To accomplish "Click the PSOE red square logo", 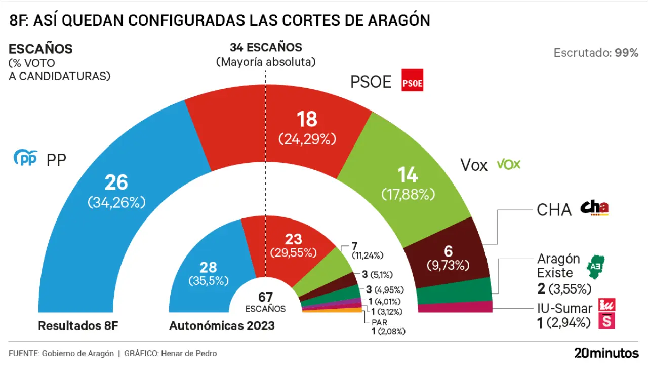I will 412,80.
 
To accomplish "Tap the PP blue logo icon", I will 25,159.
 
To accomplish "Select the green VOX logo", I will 508,164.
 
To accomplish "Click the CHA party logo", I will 594,208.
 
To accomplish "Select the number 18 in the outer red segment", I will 307,119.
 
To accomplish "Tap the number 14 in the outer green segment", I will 408,175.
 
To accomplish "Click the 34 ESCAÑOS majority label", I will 266,48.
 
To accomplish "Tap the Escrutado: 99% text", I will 596,53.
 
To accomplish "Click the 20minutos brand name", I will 606,353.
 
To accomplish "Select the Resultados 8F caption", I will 78,325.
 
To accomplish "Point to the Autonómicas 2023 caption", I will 222,325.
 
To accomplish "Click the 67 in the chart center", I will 265,297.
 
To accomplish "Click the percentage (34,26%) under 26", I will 116,202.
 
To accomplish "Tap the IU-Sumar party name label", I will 564,308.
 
